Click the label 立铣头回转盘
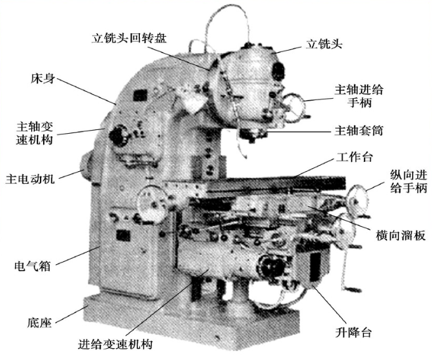tap(129, 38)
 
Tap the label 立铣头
tap(324, 44)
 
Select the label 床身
tap(42, 79)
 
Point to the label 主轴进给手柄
tap(359, 96)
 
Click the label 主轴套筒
tap(359, 131)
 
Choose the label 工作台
tap(355, 157)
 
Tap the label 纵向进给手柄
tap(408, 181)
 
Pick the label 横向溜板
tap(401, 235)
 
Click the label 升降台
tap(353, 332)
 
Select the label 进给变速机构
tap(115, 344)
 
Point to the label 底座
tap(39, 322)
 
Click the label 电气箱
tap(32, 266)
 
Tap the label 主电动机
tap(30, 179)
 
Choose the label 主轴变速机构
tap(34, 133)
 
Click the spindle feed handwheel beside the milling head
tap(294, 107)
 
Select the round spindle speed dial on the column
tap(119, 136)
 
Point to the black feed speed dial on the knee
tap(271, 265)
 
